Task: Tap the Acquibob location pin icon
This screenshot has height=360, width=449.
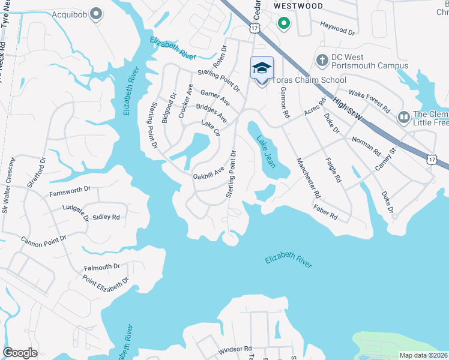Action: tap(95, 14)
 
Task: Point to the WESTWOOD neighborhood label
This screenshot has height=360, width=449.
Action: tap(298, 6)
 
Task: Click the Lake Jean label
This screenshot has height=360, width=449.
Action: tap(266, 151)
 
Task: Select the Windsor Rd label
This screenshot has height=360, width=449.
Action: tap(234, 349)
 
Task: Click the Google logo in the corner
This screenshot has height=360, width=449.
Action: tap(20, 353)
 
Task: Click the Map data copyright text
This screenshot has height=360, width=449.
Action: tap(423, 355)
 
